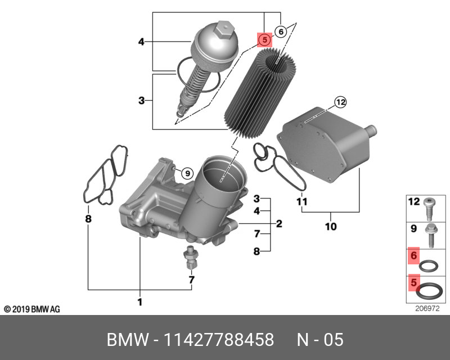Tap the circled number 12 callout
(x=340, y=102)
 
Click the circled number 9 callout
(x=187, y=173)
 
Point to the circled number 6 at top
(x=280, y=31)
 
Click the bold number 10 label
(x=331, y=227)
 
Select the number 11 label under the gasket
(x=301, y=201)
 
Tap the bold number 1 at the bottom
(x=139, y=303)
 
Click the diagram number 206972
(x=427, y=308)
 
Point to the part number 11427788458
(x=218, y=340)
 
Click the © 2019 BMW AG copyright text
(x=32, y=309)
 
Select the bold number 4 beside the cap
(x=142, y=41)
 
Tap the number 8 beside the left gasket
(x=88, y=218)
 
